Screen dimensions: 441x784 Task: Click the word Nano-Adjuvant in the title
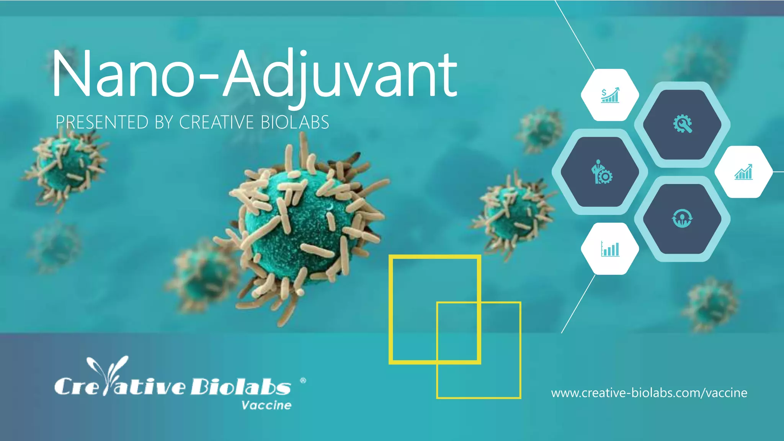tap(255, 75)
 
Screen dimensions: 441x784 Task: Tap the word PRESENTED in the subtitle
tap(102, 122)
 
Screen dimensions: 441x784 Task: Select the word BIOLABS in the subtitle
tap(295, 122)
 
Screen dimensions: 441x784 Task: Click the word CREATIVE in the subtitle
tap(216, 122)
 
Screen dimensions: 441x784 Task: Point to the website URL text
tap(649, 393)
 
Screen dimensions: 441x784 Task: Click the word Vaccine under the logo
tap(266, 405)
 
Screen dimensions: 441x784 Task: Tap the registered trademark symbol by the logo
tap(303, 381)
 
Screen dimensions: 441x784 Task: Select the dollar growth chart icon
tap(610, 95)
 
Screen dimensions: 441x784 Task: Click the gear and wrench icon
tap(683, 124)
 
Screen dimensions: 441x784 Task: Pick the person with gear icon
tap(601, 172)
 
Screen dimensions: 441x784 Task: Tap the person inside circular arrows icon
tap(682, 219)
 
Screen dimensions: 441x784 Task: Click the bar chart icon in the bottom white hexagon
tap(610, 249)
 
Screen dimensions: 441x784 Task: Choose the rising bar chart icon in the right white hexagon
tap(743, 172)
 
